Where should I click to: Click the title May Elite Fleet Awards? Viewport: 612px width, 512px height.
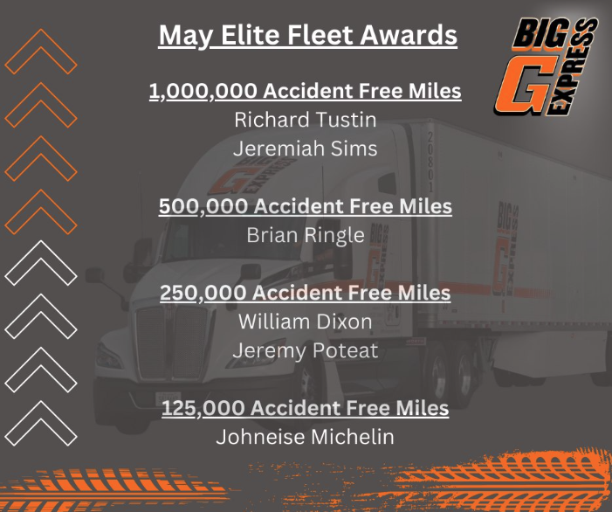pyautogui.click(x=307, y=36)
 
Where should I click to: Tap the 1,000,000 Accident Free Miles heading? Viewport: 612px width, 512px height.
pyautogui.click(x=306, y=91)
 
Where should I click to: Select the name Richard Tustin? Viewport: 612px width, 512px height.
pyautogui.click(x=306, y=120)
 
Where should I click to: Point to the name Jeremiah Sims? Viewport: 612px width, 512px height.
pyautogui.click(x=306, y=149)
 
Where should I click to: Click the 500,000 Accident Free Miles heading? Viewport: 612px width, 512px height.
pyautogui.click(x=306, y=206)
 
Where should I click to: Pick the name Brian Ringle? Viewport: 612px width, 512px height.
pyautogui.click(x=306, y=236)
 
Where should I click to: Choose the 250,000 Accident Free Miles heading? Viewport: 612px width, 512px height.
pyautogui.click(x=306, y=293)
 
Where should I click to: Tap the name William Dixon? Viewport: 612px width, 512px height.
pyautogui.click(x=306, y=322)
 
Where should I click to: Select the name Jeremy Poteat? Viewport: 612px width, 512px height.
pyautogui.click(x=306, y=350)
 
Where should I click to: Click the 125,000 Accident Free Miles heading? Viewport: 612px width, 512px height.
pyautogui.click(x=306, y=408)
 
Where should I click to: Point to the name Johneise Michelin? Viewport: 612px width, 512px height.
pyautogui.click(x=306, y=437)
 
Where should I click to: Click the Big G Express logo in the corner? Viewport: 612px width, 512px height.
pyautogui.click(x=546, y=66)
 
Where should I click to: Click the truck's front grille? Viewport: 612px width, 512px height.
pyautogui.click(x=172, y=342)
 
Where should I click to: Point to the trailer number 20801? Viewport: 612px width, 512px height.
pyautogui.click(x=430, y=162)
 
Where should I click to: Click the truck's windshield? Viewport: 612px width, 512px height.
pyautogui.click(x=234, y=241)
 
